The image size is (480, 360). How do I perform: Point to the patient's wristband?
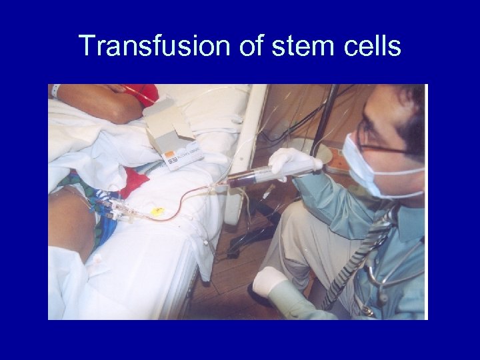56,91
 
